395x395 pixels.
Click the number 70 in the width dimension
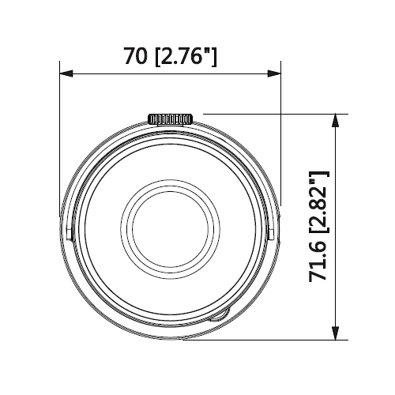135,56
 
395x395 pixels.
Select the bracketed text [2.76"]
186,56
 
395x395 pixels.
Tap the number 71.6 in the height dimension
318,259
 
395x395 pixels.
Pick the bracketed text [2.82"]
319,202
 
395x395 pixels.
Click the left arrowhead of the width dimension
66,73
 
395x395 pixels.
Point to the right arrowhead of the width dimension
274,73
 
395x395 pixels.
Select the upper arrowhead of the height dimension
335,121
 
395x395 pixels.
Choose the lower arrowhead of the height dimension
335,333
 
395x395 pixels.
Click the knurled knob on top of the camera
171,119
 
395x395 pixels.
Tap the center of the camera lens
171,229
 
